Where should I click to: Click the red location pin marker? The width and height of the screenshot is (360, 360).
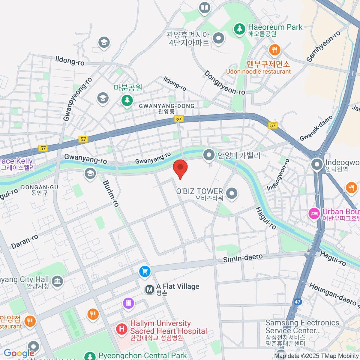[x=180, y=168]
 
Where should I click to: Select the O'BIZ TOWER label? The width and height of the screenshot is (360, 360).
[x=199, y=191]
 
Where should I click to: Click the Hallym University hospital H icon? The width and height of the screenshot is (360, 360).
[x=122, y=329]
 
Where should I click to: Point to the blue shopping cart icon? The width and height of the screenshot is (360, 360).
[x=145, y=271]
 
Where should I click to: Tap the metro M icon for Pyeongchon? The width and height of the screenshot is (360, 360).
[x=149, y=289]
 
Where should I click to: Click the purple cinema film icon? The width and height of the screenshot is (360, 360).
[x=129, y=303]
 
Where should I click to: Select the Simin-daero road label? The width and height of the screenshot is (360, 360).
[x=243, y=258]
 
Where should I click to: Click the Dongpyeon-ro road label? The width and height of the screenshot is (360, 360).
[x=224, y=83]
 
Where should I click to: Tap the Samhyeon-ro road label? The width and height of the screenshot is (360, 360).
[x=323, y=46]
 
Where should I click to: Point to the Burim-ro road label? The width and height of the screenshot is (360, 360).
[x=111, y=193]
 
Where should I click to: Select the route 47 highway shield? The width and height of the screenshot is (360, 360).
[x=297, y=302]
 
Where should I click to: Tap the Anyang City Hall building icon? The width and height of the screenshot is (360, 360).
[x=57, y=281]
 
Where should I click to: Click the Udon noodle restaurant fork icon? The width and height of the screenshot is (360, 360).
[x=274, y=50]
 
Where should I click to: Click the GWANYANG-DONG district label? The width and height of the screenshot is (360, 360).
[x=167, y=106]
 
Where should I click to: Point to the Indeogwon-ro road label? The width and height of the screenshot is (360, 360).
[x=278, y=175]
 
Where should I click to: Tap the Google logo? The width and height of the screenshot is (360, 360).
[x=19, y=353]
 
